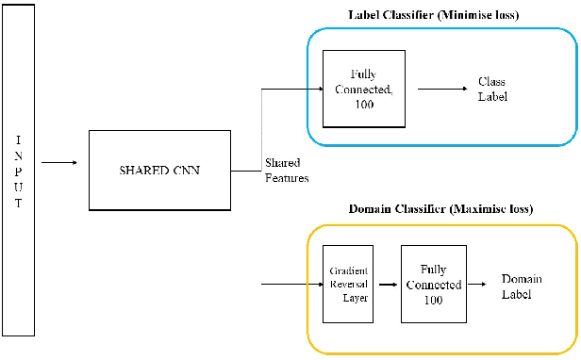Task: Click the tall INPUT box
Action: point(18,170)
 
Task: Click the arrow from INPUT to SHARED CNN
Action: point(60,162)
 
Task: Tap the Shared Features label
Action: point(287,170)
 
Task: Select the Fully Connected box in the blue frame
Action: point(364,89)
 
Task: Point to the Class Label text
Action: point(492,89)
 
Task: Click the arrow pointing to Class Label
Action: point(440,90)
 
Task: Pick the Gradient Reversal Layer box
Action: point(349,282)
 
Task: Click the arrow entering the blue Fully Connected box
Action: point(292,90)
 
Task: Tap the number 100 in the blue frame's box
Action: point(364,104)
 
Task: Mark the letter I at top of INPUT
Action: point(18,139)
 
